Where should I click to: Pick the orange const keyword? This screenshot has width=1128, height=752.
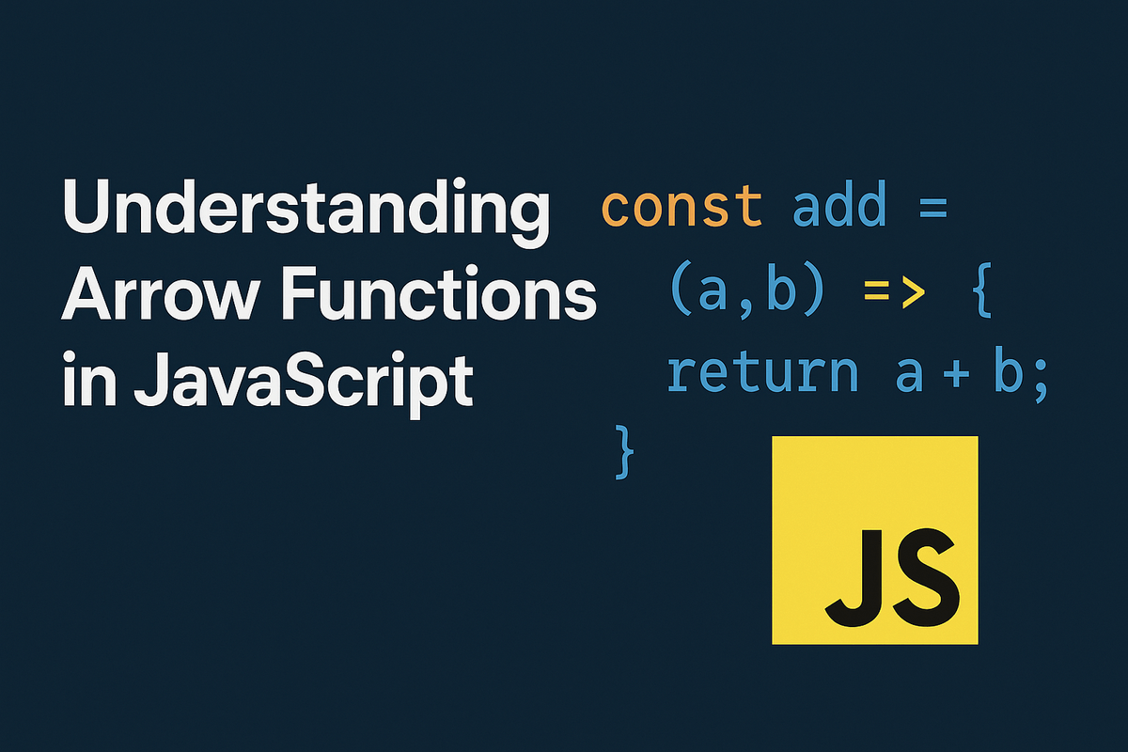[681, 207]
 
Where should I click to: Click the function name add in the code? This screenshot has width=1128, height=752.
[839, 207]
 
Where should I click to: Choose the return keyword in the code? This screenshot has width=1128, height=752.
[762, 373]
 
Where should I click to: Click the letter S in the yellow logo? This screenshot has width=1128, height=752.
[924, 573]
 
